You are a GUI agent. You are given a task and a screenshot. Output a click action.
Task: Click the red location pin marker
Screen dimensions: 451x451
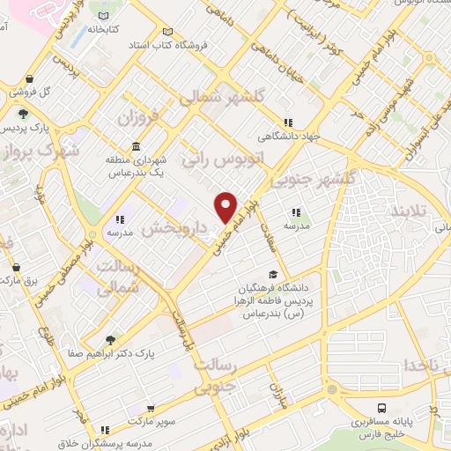pos(226,206)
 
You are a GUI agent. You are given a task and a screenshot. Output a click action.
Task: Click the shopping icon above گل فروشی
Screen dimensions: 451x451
pos(30,78)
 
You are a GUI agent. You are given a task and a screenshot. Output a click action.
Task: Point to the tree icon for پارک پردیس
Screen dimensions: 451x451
pos(23,114)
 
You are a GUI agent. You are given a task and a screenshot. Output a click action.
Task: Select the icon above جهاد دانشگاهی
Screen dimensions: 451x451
pos(287,123)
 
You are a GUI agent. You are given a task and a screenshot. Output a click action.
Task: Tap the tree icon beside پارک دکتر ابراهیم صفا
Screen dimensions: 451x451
pos(109,339)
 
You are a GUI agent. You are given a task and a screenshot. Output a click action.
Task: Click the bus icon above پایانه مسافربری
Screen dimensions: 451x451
pos(381,408)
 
